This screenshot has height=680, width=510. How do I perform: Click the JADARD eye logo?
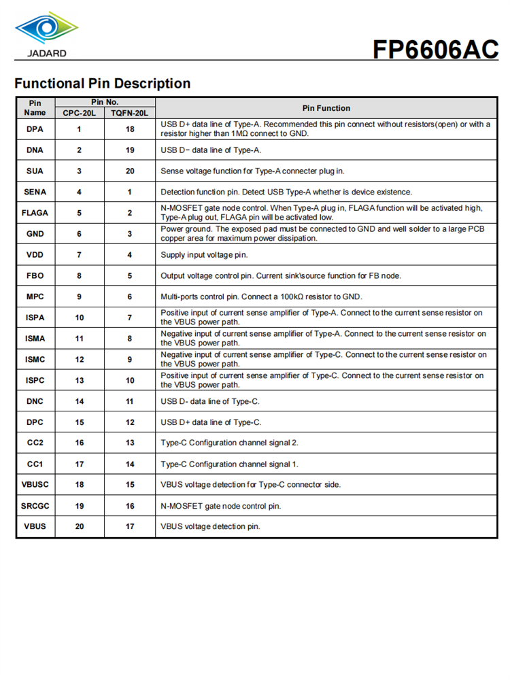pyautogui.click(x=46, y=28)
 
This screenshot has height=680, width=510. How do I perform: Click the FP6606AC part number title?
pyautogui.click(x=435, y=49)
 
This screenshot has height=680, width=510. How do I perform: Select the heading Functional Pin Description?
pyautogui.click(x=102, y=84)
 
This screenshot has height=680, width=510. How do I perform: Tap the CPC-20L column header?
pyautogui.click(x=80, y=114)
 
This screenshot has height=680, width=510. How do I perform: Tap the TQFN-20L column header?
pyautogui.click(x=129, y=114)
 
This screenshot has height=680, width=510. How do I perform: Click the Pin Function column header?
pyautogui.click(x=326, y=108)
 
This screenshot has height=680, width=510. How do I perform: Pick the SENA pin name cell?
pyautogui.click(x=35, y=192)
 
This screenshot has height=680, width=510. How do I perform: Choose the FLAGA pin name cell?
pyautogui.click(x=35, y=213)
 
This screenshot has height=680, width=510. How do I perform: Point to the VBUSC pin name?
pyautogui.click(x=35, y=485)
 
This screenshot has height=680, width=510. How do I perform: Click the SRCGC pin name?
pyautogui.click(x=35, y=506)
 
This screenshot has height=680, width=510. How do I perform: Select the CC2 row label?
pyautogui.click(x=35, y=443)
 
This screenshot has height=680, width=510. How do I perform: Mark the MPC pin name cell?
pyautogui.click(x=35, y=296)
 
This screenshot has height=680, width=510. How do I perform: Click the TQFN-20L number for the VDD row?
pyautogui.click(x=129, y=255)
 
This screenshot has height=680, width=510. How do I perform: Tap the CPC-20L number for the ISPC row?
pyautogui.click(x=80, y=380)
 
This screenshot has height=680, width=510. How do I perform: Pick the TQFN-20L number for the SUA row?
pyautogui.click(x=129, y=171)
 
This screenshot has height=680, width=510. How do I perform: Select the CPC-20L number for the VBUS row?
pyautogui.click(x=80, y=526)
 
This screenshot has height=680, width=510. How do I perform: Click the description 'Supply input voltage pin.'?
pyautogui.click(x=204, y=255)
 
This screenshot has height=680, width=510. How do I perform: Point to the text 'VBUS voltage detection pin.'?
pyautogui.click(x=210, y=526)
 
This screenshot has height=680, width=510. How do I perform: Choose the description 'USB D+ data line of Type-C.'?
pyautogui.click(x=211, y=422)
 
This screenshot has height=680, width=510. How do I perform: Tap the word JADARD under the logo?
pyautogui.click(x=47, y=53)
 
